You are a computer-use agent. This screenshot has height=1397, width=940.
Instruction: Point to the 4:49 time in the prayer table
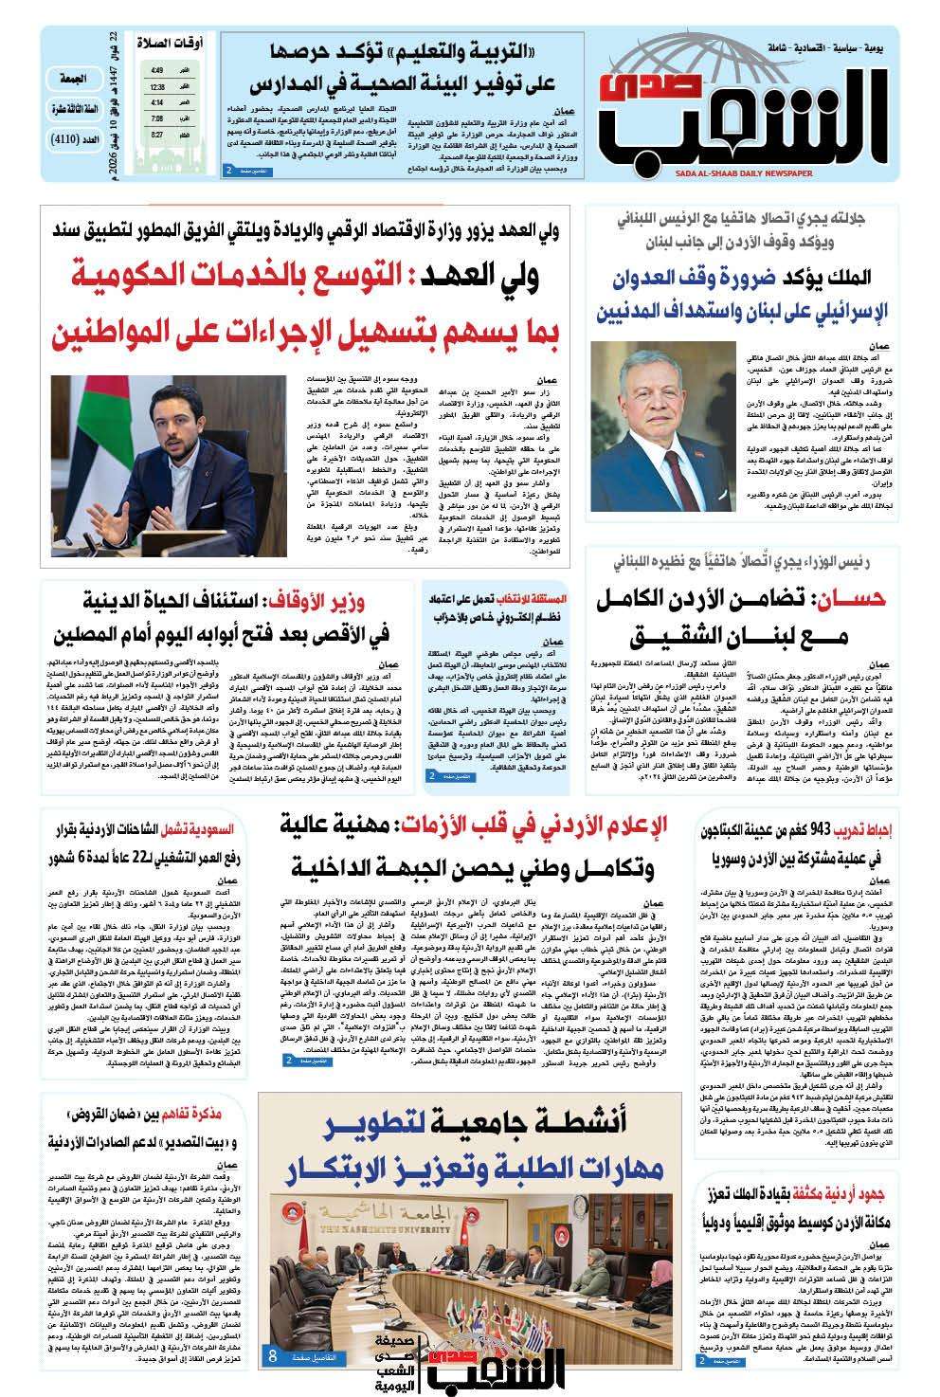pos(156,70)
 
